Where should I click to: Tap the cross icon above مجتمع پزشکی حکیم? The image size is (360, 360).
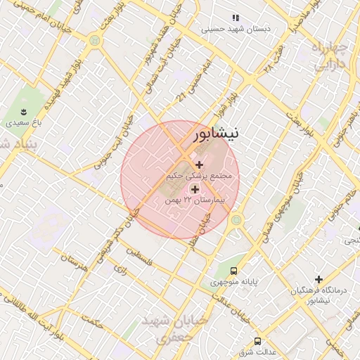199,164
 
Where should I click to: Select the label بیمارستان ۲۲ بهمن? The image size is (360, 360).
193,200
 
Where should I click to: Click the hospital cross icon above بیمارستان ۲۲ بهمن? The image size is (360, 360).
195,189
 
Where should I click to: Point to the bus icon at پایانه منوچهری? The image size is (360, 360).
234,270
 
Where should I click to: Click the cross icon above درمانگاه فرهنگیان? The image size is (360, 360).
319,279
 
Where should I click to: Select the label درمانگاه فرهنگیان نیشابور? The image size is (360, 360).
314,295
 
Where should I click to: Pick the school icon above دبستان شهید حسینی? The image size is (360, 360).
236,18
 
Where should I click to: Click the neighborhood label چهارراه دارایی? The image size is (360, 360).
328,56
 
